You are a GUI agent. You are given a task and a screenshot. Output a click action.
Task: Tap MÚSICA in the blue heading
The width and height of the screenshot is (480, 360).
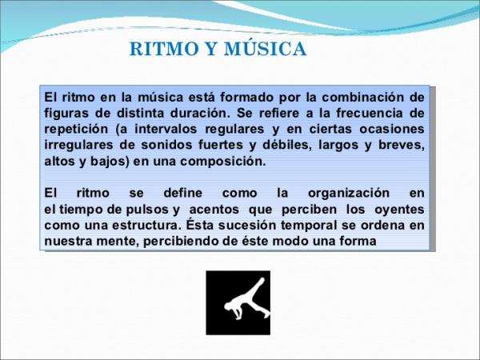266,48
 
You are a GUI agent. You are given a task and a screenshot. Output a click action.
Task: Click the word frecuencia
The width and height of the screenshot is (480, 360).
370,114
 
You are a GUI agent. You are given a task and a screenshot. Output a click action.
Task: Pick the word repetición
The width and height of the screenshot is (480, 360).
76,130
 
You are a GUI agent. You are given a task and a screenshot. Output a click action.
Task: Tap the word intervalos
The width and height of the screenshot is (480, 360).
166,129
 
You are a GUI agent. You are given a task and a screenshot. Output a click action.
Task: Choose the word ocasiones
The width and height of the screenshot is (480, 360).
392,129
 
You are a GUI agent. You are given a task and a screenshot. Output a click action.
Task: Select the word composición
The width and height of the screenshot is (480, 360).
223,162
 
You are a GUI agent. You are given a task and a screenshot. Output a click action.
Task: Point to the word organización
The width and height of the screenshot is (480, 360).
349,194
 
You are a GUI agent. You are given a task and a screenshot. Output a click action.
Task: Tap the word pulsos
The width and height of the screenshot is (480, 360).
147,210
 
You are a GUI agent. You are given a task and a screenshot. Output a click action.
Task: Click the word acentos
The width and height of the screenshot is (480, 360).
214,210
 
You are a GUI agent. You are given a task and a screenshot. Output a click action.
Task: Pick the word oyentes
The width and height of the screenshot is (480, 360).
399,210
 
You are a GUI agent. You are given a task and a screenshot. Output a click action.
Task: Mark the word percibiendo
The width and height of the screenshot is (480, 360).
180,242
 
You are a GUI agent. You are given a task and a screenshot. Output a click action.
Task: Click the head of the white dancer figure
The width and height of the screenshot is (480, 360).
228,306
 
